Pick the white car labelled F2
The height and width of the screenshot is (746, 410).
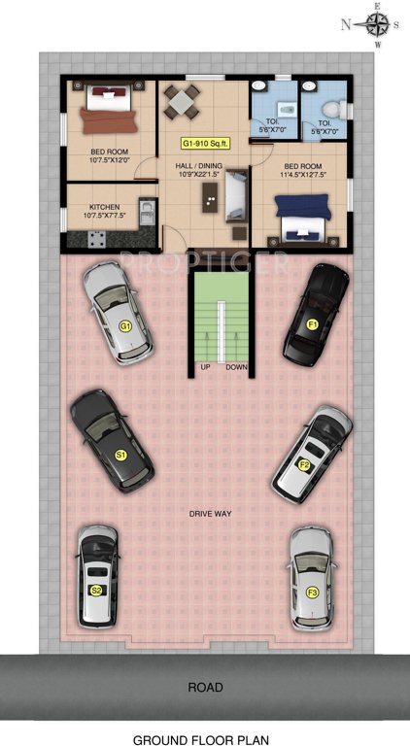pyautogui.click(x=311, y=452)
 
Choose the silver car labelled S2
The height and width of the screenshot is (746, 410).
pyautogui.click(x=97, y=576)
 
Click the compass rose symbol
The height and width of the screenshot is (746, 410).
pyautogui.click(x=379, y=24)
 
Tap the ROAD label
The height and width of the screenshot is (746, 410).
pyautogui.click(x=204, y=687)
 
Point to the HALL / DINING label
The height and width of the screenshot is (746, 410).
pyautogui.click(x=198, y=166)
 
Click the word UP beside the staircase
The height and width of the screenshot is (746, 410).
pyautogui.click(x=205, y=367)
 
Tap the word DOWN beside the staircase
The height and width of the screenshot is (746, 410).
pyautogui.click(x=237, y=367)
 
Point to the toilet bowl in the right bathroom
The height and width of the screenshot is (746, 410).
pyautogui.click(x=330, y=105)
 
